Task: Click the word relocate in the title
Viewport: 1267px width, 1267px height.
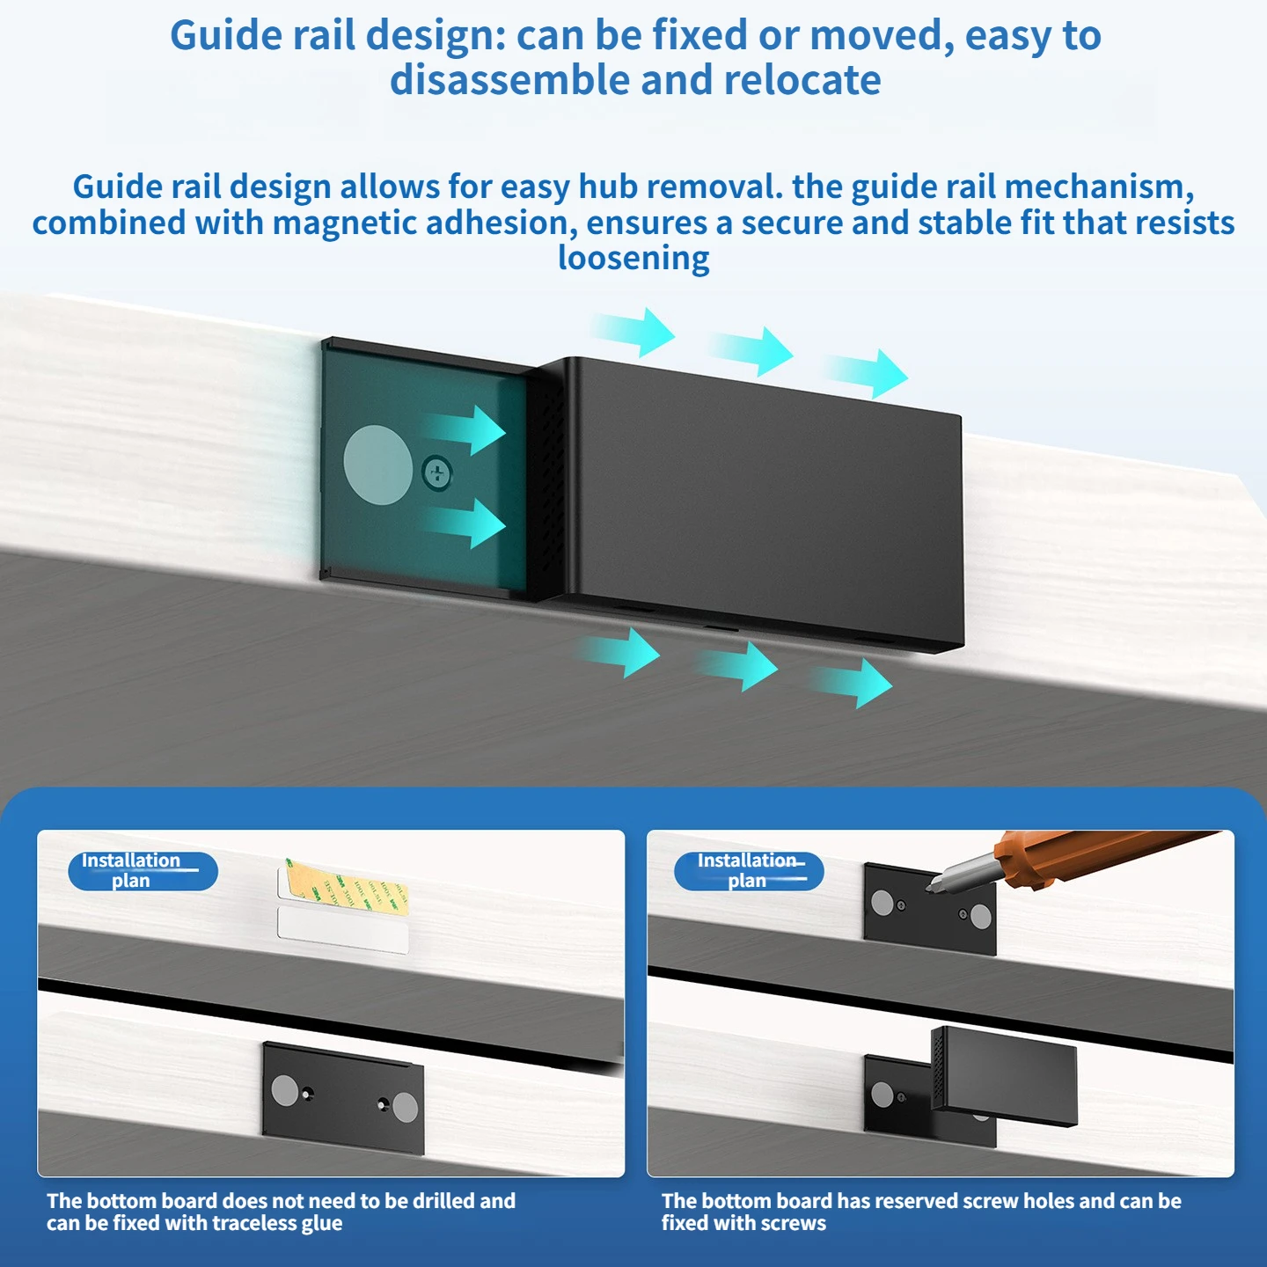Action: (x=802, y=80)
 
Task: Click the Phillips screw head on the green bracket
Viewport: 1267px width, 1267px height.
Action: (x=437, y=472)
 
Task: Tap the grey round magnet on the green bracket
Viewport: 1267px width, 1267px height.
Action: (x=378, y=465)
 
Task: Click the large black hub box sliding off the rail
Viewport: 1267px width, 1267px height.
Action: (x=756, y=506)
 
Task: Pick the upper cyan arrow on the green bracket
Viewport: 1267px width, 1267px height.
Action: (x=465, y=430)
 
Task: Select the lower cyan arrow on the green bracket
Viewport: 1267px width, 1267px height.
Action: (x=465, y=524)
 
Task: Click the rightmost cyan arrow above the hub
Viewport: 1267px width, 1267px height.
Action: (x=868, y=373)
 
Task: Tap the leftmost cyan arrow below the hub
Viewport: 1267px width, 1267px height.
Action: (x=618, y=652)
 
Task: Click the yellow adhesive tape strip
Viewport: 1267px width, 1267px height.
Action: (x=348, y=886)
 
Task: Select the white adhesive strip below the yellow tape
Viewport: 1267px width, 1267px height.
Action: (x=342, y=929)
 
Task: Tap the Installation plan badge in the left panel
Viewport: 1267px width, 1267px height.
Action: (x=143, y=871)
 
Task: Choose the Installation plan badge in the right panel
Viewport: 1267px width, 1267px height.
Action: (x=749, y=871)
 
